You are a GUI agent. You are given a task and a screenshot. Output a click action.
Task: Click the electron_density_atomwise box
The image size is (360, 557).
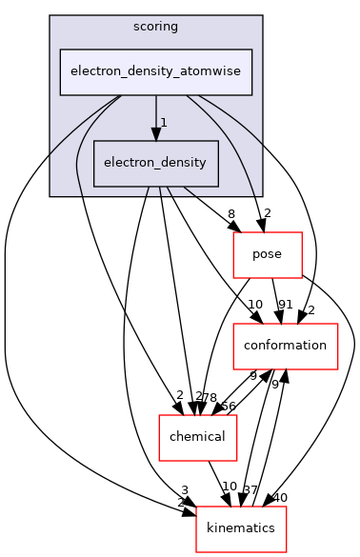(156, 71)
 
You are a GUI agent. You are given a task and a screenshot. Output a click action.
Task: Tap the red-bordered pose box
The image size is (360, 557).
(269, 254)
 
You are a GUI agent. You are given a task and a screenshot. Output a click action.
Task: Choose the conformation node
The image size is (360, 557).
(286, 346)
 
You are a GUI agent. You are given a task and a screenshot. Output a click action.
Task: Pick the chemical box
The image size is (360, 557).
(197, 437)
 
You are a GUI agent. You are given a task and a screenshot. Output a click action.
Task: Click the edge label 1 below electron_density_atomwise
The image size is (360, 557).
(164, 123)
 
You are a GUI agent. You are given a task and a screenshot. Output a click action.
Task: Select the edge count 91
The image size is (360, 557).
(284, 306)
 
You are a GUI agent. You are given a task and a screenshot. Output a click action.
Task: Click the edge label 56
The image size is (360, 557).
(229, 406)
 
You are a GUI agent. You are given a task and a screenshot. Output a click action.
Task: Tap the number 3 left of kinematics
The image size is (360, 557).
(184, 488)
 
